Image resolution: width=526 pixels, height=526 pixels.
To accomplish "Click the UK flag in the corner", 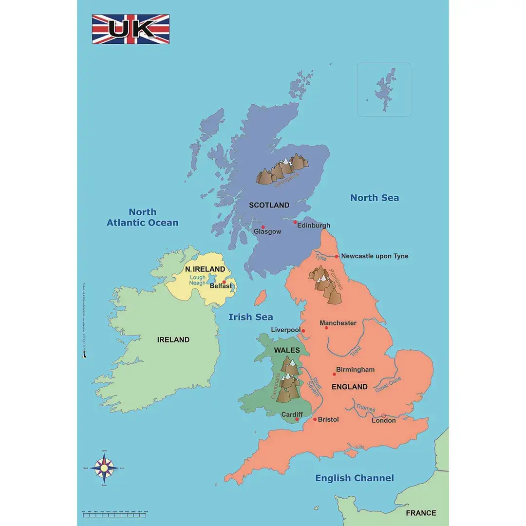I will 131,29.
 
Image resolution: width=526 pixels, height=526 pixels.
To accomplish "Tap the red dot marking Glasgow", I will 263,227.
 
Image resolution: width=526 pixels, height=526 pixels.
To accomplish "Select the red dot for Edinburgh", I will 295,222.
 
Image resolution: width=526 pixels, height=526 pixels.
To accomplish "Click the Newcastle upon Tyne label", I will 375,256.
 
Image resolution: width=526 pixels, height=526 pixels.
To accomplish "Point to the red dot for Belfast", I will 224,282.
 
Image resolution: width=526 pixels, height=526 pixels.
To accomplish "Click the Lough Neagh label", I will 198,280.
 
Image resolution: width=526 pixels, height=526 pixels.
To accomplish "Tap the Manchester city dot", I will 326,328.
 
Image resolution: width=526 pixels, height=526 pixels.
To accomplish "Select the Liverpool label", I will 286,330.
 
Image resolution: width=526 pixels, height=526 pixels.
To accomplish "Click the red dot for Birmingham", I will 334,374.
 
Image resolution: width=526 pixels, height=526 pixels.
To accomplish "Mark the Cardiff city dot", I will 297,419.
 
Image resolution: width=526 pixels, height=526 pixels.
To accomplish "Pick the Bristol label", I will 328,419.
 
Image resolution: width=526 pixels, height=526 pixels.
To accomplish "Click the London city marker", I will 383,415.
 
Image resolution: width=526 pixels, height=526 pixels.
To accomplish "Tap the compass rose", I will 103,468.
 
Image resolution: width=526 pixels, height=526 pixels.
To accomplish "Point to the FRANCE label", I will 421,513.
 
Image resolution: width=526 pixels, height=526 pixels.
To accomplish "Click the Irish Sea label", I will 251,317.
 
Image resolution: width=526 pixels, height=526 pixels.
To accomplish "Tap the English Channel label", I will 354,478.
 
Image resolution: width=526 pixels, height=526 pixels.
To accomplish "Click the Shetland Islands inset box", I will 384,90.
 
